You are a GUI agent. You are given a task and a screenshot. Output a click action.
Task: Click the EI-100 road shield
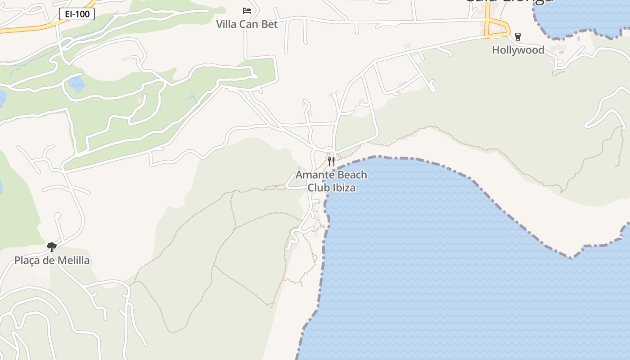point(77,14)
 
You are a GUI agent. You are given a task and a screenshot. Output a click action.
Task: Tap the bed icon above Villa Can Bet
point(247,10)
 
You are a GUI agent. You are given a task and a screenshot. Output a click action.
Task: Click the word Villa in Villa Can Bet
point(226,24)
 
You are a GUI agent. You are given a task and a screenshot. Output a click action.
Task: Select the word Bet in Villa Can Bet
point(270,24)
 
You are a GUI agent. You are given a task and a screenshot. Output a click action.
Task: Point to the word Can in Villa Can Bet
point(249,24)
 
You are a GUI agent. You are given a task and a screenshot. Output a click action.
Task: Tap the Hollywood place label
point(518,50)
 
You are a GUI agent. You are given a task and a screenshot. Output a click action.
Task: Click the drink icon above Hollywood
point(518,37)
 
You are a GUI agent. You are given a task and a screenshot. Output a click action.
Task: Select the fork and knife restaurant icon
point(331,161)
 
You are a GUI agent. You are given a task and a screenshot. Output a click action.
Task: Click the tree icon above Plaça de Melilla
point(52,247)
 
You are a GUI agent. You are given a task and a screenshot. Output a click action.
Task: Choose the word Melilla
point(73,261)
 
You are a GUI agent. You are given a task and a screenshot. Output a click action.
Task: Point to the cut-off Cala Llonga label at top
point(508,2)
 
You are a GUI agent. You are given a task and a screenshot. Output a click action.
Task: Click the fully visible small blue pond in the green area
point(76,83)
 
